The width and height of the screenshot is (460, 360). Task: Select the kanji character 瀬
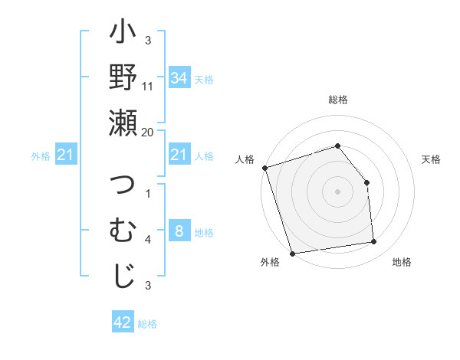click(123, 123)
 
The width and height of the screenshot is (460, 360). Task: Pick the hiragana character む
click(123, 231)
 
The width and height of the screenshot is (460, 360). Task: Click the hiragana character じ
click(123, 277)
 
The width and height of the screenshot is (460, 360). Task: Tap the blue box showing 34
click(179, 77)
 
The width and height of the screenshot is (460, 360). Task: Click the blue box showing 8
click(179, 231)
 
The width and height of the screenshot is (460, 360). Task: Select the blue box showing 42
click(123, 322)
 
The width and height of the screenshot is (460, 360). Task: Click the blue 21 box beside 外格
click(66, 155)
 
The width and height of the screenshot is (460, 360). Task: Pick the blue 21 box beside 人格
click(179, 155)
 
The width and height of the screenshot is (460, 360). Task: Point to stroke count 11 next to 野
click(148, 87)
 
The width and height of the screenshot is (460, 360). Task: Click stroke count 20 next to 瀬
click(148, 132)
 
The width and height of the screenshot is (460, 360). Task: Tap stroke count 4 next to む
click(148, 240)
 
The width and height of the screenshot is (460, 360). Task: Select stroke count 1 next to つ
click(148, 194)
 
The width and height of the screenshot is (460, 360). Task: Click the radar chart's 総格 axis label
click(337, 100)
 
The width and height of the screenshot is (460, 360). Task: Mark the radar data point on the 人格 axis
click(264, 168)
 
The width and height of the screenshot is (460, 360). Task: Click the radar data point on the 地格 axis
click(374, 242)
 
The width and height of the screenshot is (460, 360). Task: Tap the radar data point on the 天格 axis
click(366, 182)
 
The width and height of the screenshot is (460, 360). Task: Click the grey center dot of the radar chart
click(337, 191)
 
